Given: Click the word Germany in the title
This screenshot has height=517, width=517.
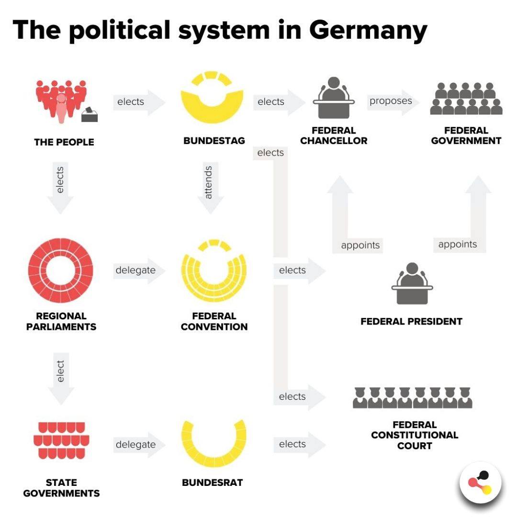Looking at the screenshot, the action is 368,30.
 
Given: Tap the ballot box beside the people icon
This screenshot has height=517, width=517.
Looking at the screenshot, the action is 90,114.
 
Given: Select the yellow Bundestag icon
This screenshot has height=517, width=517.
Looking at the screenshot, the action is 212,97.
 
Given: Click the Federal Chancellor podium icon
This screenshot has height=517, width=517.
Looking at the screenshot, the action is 334,98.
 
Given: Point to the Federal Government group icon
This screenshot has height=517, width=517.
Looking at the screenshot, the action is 466,99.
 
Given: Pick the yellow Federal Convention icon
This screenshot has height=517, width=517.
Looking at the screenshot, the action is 214,270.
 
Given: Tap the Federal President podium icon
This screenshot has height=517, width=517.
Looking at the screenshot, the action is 412,283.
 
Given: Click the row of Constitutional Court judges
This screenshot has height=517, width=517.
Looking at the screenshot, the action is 413,398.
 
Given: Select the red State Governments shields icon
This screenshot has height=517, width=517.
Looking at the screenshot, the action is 61,440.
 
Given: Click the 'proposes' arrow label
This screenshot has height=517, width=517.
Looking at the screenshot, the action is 391,101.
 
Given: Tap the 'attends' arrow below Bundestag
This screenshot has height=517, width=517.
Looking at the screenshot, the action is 210,188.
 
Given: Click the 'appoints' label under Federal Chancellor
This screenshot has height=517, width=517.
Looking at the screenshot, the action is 360,245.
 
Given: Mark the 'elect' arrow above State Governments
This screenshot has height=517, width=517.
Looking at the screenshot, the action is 61,379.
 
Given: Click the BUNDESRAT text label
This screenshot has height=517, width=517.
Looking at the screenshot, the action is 213,483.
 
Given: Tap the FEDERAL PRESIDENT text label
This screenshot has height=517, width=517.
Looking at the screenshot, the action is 412,321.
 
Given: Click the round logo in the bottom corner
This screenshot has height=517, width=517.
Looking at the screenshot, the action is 481,483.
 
